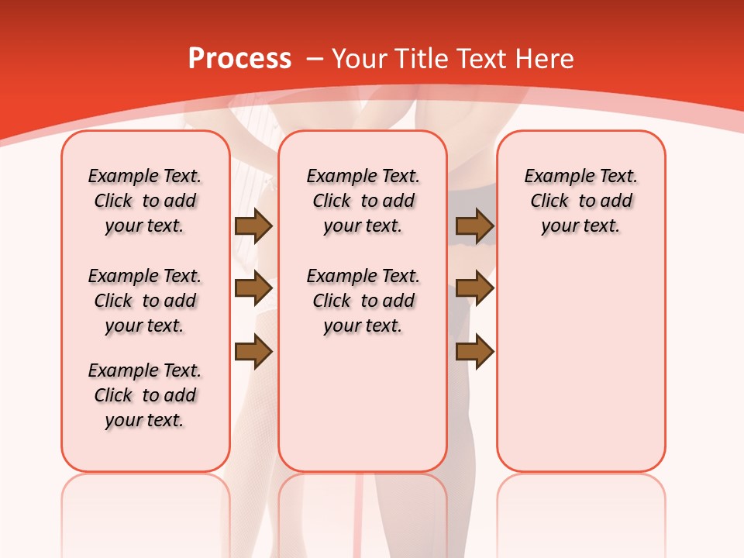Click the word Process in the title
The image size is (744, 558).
(239, 58)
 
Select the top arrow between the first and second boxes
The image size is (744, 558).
(253, 226)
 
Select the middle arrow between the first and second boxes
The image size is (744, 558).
(253, 288)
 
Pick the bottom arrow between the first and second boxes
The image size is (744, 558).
(253, 351)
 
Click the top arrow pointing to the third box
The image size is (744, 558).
(475, 226)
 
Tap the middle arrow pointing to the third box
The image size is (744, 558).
(475, 288)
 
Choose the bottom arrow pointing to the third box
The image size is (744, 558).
(475, 351)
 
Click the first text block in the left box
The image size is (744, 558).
(145, 201)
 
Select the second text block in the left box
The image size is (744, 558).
(145, 301)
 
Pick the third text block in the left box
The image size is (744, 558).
(145, 395)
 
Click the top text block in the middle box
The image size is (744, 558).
(363, 201)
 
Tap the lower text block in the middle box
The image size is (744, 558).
(363, 301)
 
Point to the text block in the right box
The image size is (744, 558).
(580, 201)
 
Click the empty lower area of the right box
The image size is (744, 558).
(580, 364)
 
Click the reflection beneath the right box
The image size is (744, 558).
(580, 504)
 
